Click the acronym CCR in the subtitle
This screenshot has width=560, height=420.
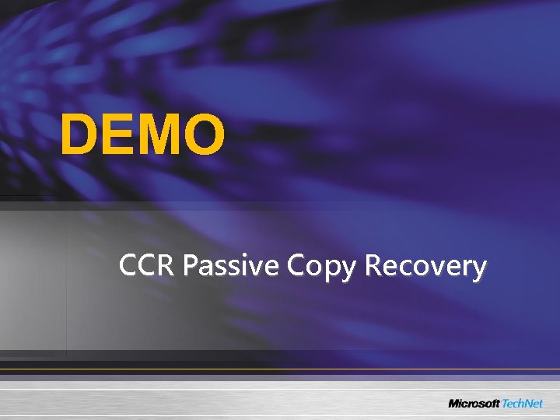[148, 266]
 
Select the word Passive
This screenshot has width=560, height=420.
[232, 266]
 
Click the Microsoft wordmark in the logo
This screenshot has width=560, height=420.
[473, 403]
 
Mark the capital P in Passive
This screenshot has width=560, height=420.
[190, 266]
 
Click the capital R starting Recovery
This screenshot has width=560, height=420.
[373, 266]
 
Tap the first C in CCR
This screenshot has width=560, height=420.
[128, 266]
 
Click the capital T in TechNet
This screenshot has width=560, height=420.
[505, 403]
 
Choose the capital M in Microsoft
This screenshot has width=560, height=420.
[453, 403]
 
